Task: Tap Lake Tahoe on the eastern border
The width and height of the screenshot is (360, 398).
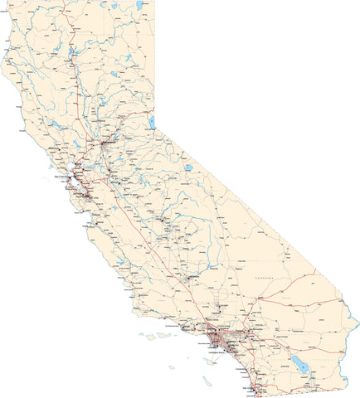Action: tap(151, 122)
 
